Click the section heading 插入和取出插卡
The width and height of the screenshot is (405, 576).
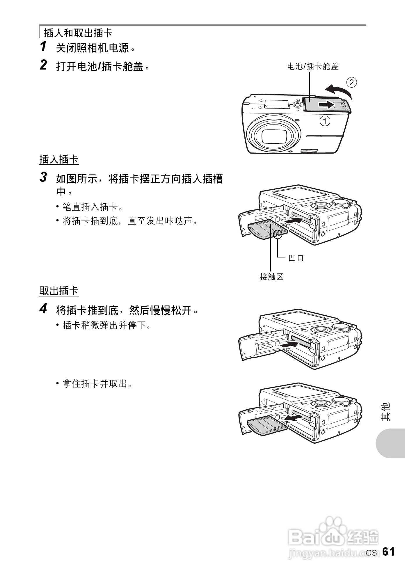[78, 33]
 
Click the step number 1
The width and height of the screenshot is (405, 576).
[43, 47]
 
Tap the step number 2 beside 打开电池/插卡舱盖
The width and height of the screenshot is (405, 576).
[43, 65]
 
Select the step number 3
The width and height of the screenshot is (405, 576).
[43, 177]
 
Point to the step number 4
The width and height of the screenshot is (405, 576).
[43, 309]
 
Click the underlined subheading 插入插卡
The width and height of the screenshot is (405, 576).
[59, 159]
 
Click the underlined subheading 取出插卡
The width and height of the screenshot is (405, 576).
[59, 291]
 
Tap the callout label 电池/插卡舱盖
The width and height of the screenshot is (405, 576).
[313, 66]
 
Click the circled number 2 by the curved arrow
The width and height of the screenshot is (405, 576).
[351, 83]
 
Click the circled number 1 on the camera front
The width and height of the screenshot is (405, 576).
[325, 121]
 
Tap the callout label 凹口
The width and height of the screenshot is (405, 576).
[296, 258]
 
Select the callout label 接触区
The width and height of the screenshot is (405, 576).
[271, 277]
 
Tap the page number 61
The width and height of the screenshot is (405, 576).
[388, 552]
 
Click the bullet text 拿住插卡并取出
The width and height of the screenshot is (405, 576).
[97, 384]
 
